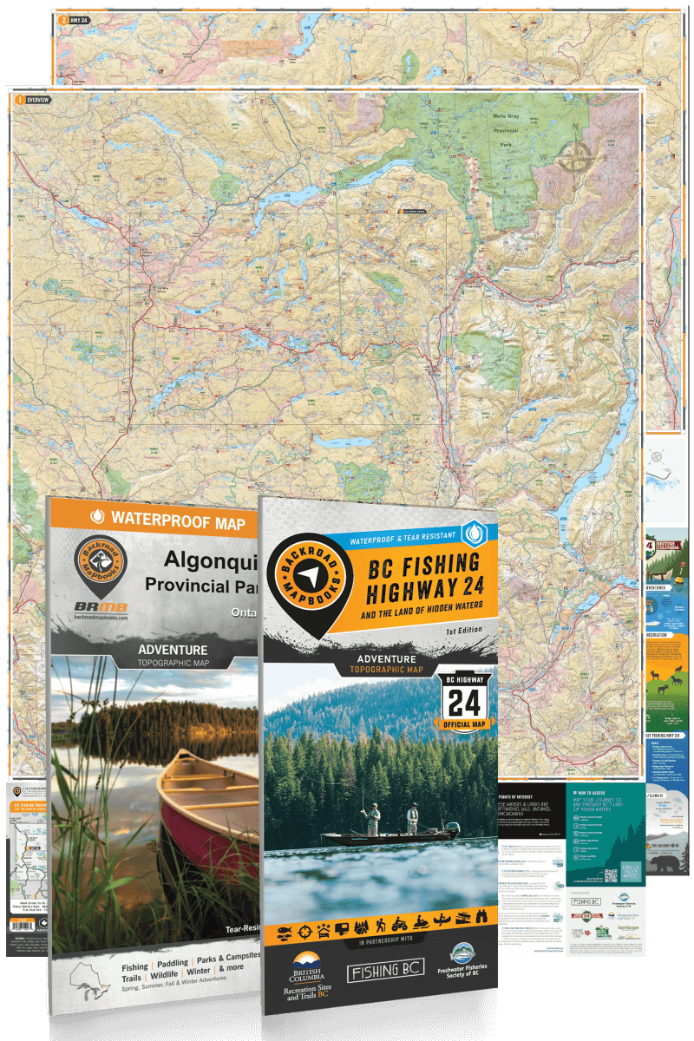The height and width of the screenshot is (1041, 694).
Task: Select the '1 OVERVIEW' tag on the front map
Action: tap(33, 100)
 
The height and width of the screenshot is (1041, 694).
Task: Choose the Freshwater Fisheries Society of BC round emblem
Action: tap(460, 954)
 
